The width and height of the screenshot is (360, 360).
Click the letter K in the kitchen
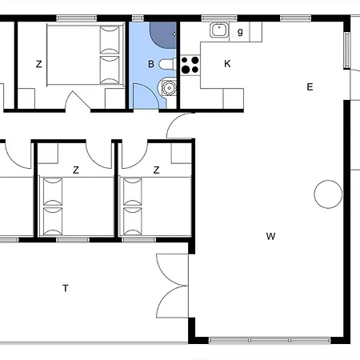point(227,63)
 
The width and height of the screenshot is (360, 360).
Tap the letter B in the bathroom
point(150,63)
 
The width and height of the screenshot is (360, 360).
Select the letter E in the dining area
point(309,87)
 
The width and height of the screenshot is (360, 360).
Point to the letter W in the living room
point(271,236)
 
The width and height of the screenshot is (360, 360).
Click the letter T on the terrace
point(65,289)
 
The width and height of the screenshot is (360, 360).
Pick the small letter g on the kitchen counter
point(239,31)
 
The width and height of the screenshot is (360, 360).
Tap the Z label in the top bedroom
point(38,63)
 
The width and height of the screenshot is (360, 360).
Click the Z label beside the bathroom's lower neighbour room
point(156,170)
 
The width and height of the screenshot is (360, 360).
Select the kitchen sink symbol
point(218,31)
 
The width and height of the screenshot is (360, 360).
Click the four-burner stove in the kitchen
point(190,64)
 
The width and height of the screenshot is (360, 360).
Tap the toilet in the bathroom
point(166,64)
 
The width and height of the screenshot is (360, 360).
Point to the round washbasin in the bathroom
point(167,88)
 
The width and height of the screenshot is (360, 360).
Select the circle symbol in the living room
point(327,194)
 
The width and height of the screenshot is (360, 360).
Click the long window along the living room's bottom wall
point(269,340)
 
